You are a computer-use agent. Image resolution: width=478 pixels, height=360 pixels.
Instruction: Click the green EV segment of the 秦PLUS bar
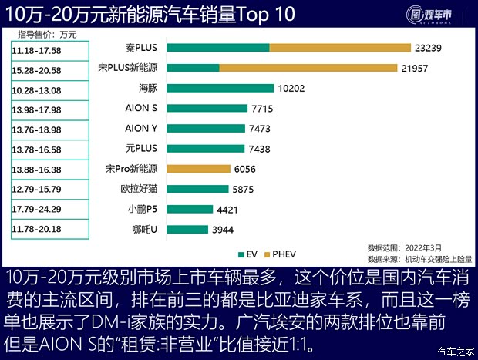coord(217,48)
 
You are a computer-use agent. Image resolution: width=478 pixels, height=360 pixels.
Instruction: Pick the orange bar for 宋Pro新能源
coord(197,168)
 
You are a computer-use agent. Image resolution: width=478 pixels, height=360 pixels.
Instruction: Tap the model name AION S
coord(141,108)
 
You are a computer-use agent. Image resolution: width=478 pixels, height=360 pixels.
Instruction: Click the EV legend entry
coord(246,254)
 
